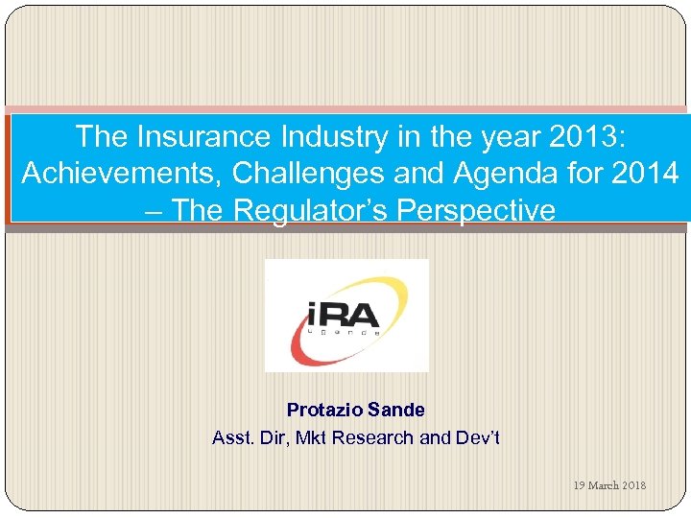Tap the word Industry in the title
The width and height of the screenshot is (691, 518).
click(327, 137)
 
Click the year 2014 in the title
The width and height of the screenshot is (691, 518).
click(643, 174)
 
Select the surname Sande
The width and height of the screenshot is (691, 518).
click(399, 411)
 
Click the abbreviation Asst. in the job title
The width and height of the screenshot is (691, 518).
click(232, 438)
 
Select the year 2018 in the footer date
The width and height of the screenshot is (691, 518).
click(634, 485)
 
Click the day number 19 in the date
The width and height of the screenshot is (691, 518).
click(580, 485)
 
